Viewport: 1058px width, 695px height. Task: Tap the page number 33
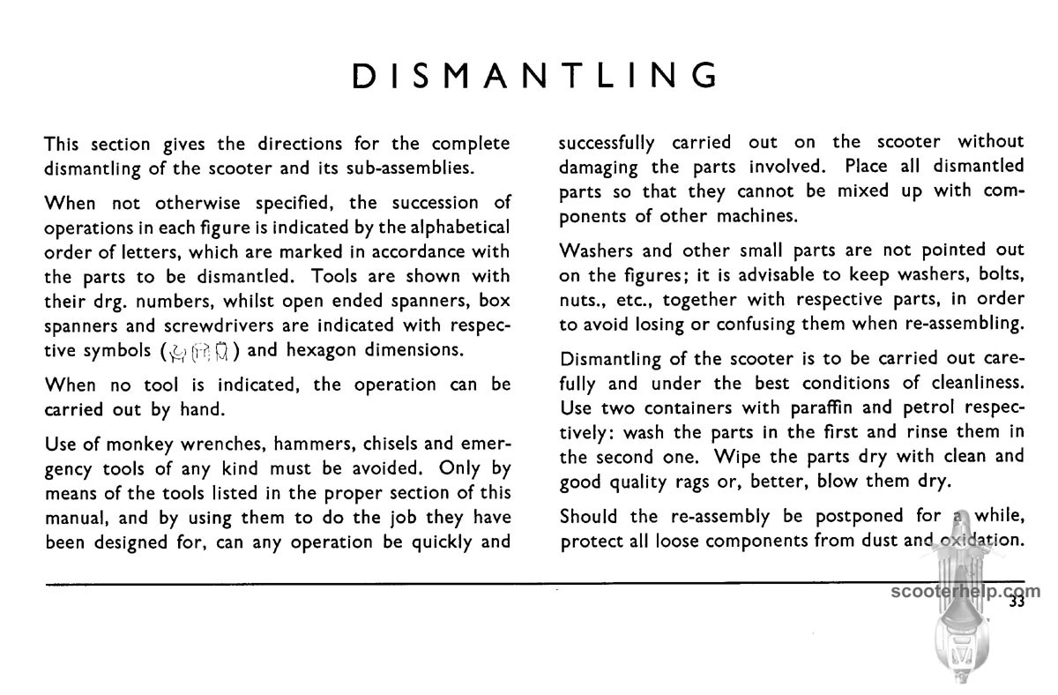point(1017,603)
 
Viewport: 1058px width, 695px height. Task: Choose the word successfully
point(607,143)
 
